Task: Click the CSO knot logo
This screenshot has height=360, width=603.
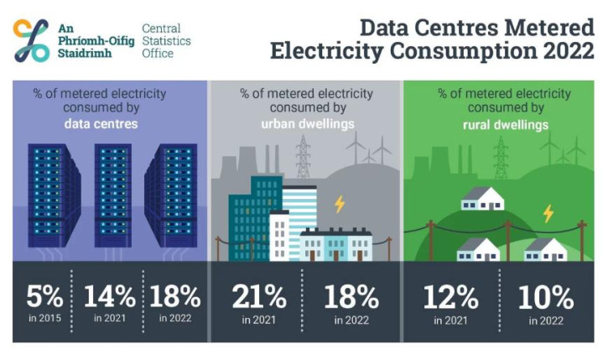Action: click(32, 40)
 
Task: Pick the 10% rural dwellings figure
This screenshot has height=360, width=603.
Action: click(546, 297)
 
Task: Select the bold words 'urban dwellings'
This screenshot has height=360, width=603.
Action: click(305, 124)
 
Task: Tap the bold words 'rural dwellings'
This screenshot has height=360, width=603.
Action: click(502, 124)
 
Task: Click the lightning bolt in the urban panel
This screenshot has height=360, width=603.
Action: click(340, 204)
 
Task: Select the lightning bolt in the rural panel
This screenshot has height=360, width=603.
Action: click(548, 213)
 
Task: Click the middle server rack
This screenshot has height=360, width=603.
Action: click(112, 195)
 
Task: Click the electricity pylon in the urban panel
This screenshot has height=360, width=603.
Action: click(303, 157)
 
